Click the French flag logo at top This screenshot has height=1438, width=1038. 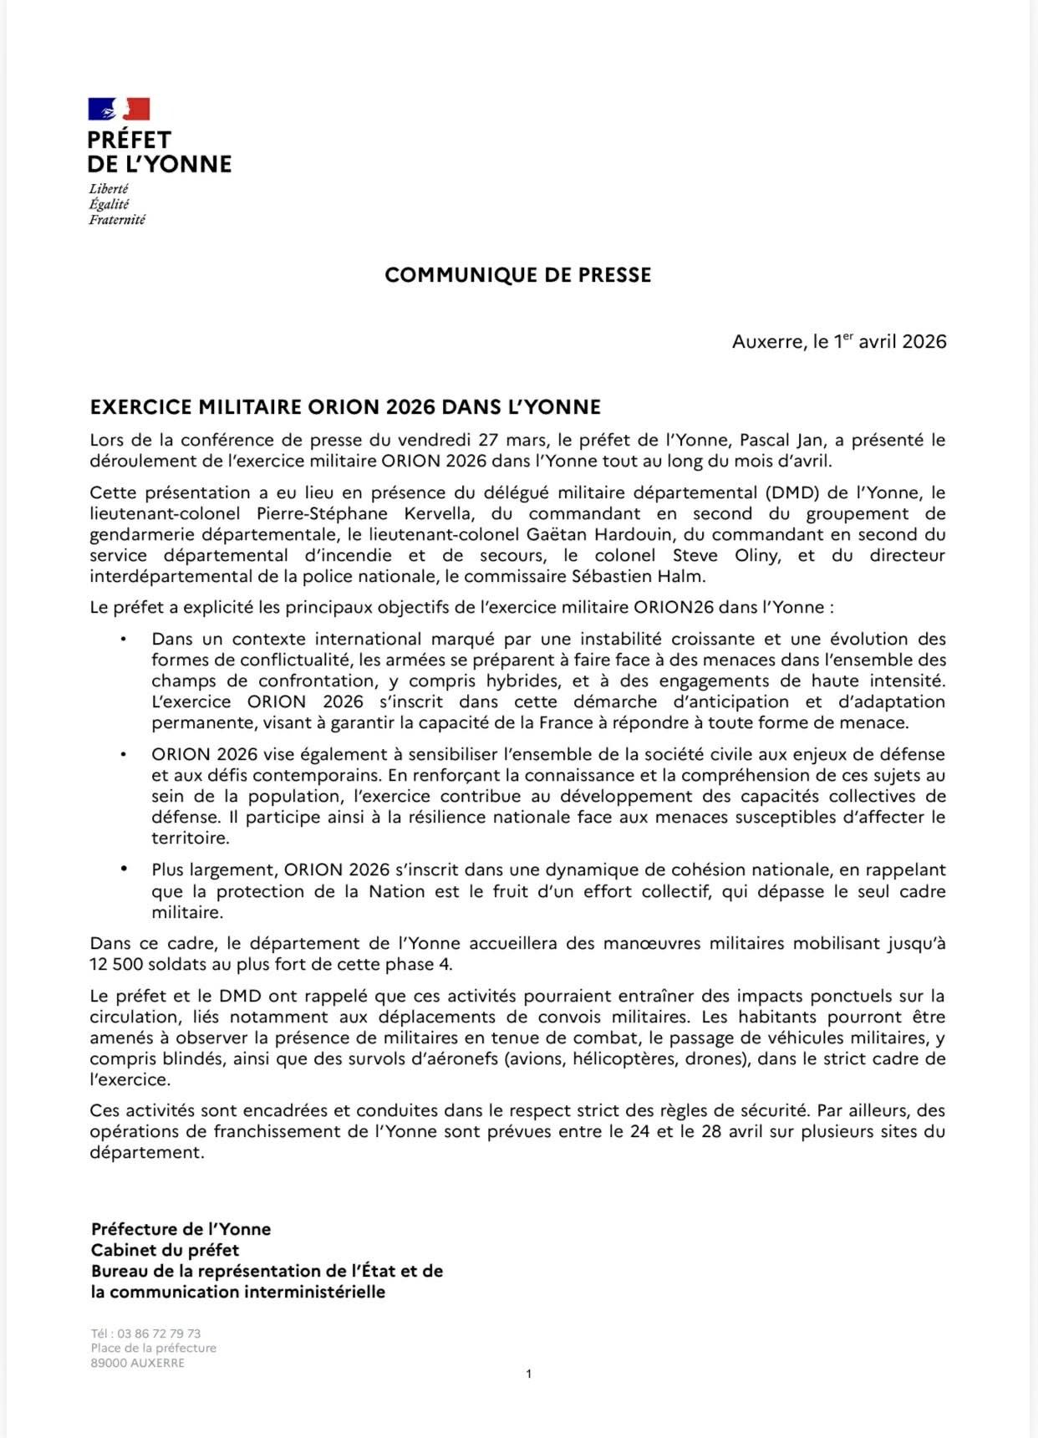119,109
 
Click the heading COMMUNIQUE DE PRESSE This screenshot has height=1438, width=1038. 517,275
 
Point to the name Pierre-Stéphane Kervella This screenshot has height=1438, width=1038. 366,513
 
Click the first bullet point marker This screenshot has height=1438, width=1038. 123,640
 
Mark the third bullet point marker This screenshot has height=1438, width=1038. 123,869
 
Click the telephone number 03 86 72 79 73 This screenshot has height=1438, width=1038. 159,1333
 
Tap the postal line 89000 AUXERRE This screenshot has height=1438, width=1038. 138,1363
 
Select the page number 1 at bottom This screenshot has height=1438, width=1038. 529,1374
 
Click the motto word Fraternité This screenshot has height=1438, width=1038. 117,220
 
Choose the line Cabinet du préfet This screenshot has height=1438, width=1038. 165,1250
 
